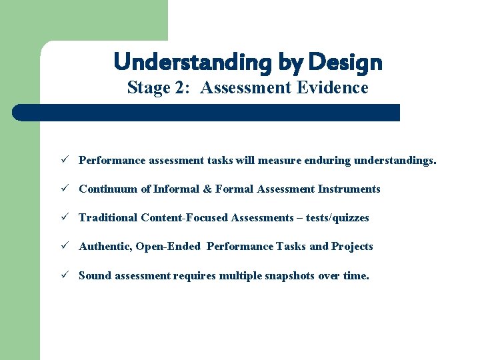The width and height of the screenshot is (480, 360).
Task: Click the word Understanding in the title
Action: (192, 63)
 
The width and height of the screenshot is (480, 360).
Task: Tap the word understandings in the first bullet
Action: (395, 161)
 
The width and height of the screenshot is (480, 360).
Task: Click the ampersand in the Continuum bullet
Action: (207, 189)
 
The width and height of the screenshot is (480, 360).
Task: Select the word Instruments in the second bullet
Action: (349, 189)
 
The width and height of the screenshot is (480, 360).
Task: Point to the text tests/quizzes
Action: (337, 218)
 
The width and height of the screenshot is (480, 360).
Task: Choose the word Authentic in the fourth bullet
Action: (105, 246)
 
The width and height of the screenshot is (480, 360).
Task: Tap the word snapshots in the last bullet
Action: (286, 275)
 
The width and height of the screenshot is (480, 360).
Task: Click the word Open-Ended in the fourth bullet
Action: (168, 247)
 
